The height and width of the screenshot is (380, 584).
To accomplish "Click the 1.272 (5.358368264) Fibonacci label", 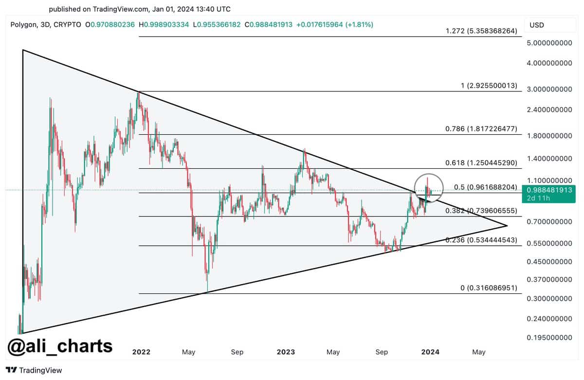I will point(481,31).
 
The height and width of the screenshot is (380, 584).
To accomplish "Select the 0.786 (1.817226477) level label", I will point(481,129).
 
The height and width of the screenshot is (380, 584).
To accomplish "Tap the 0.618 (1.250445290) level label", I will point(481,163).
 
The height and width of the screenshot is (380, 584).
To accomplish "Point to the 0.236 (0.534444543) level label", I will point(481,240).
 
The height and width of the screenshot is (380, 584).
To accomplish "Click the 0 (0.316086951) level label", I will point(489,288).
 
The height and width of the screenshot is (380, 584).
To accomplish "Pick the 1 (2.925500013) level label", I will point(488,86).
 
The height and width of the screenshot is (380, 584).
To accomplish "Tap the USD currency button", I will point(537,25).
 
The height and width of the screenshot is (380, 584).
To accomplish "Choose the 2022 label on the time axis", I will point(141,352).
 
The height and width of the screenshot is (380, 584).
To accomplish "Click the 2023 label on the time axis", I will point(285,352).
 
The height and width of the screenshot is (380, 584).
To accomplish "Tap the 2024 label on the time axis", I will point(430,352).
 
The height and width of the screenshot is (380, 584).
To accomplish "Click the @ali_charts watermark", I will point(59,346).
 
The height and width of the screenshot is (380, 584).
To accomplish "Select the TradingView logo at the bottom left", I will point(34,370).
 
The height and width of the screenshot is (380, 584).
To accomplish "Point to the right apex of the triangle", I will point(507,226).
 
